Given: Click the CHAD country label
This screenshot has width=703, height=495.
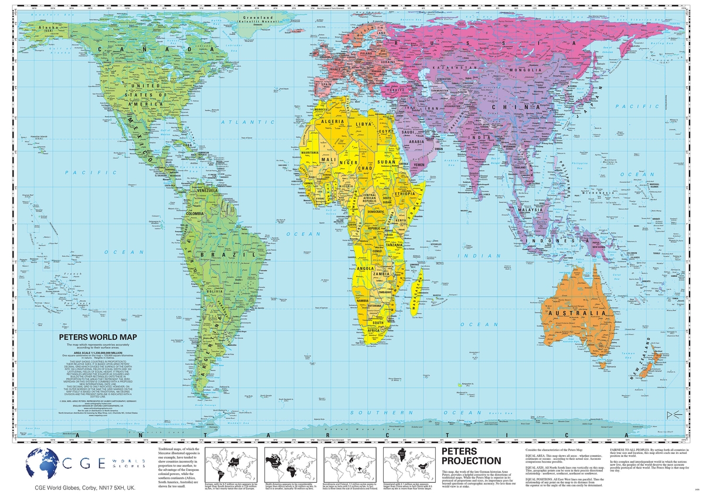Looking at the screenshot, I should [366, 169].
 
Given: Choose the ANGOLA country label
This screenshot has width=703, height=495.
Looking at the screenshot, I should [366, 270].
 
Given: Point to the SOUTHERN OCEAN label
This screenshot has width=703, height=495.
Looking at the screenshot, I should [404, 413].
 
